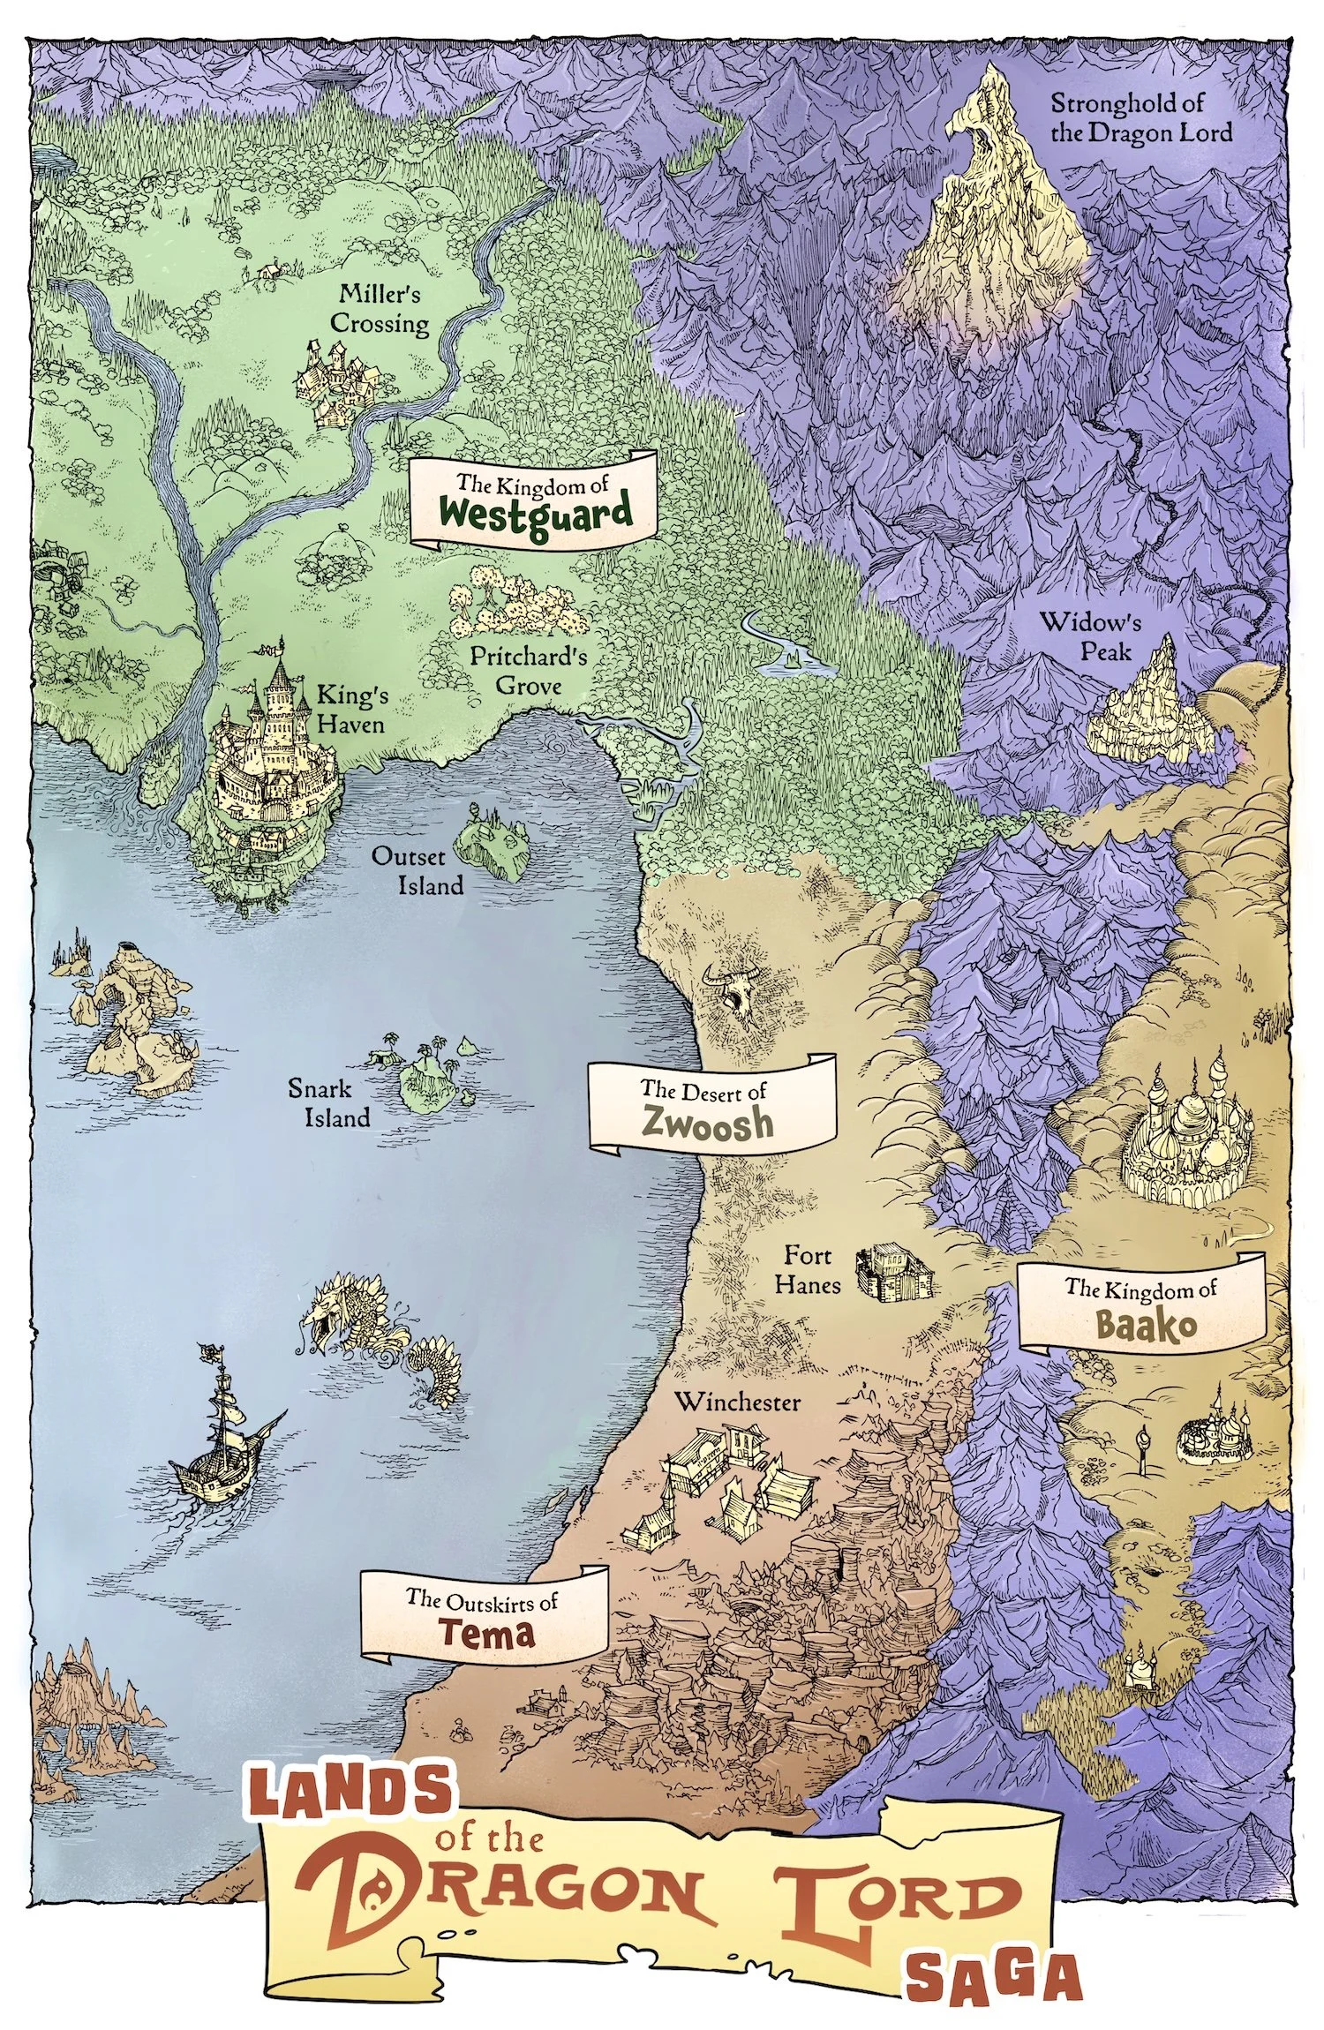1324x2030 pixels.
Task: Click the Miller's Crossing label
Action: pos(380,309)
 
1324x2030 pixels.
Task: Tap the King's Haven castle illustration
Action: pos(274,750)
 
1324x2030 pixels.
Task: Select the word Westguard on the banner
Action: pos(537,512)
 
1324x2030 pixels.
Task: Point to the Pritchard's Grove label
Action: pos(528,671)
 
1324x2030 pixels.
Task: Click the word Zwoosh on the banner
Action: pos(708,1123)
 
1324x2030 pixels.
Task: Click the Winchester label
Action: pos(737,1402)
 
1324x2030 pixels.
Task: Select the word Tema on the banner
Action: pos(487,1634)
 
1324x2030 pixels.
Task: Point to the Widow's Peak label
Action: pos(1090,635)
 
